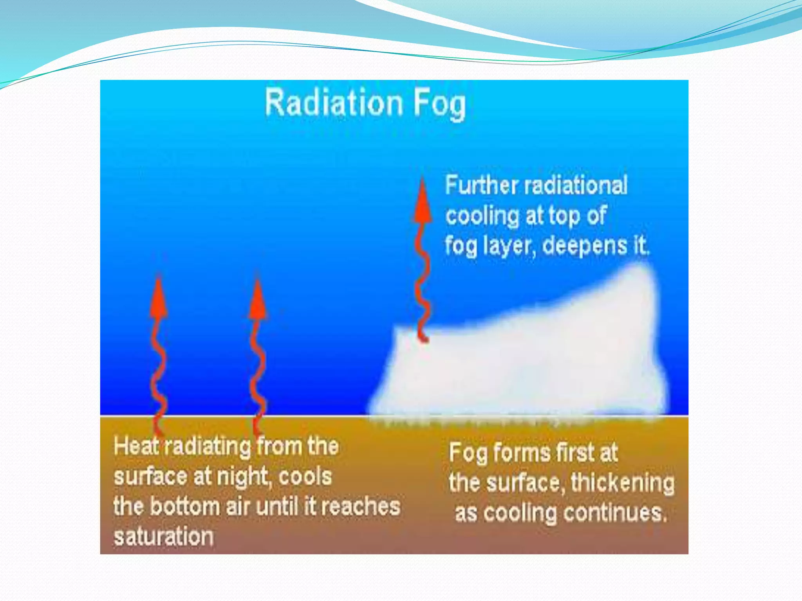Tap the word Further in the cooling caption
[x=481, y=185]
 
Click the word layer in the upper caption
[x=508, y=247]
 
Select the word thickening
[x=623, y=483]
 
